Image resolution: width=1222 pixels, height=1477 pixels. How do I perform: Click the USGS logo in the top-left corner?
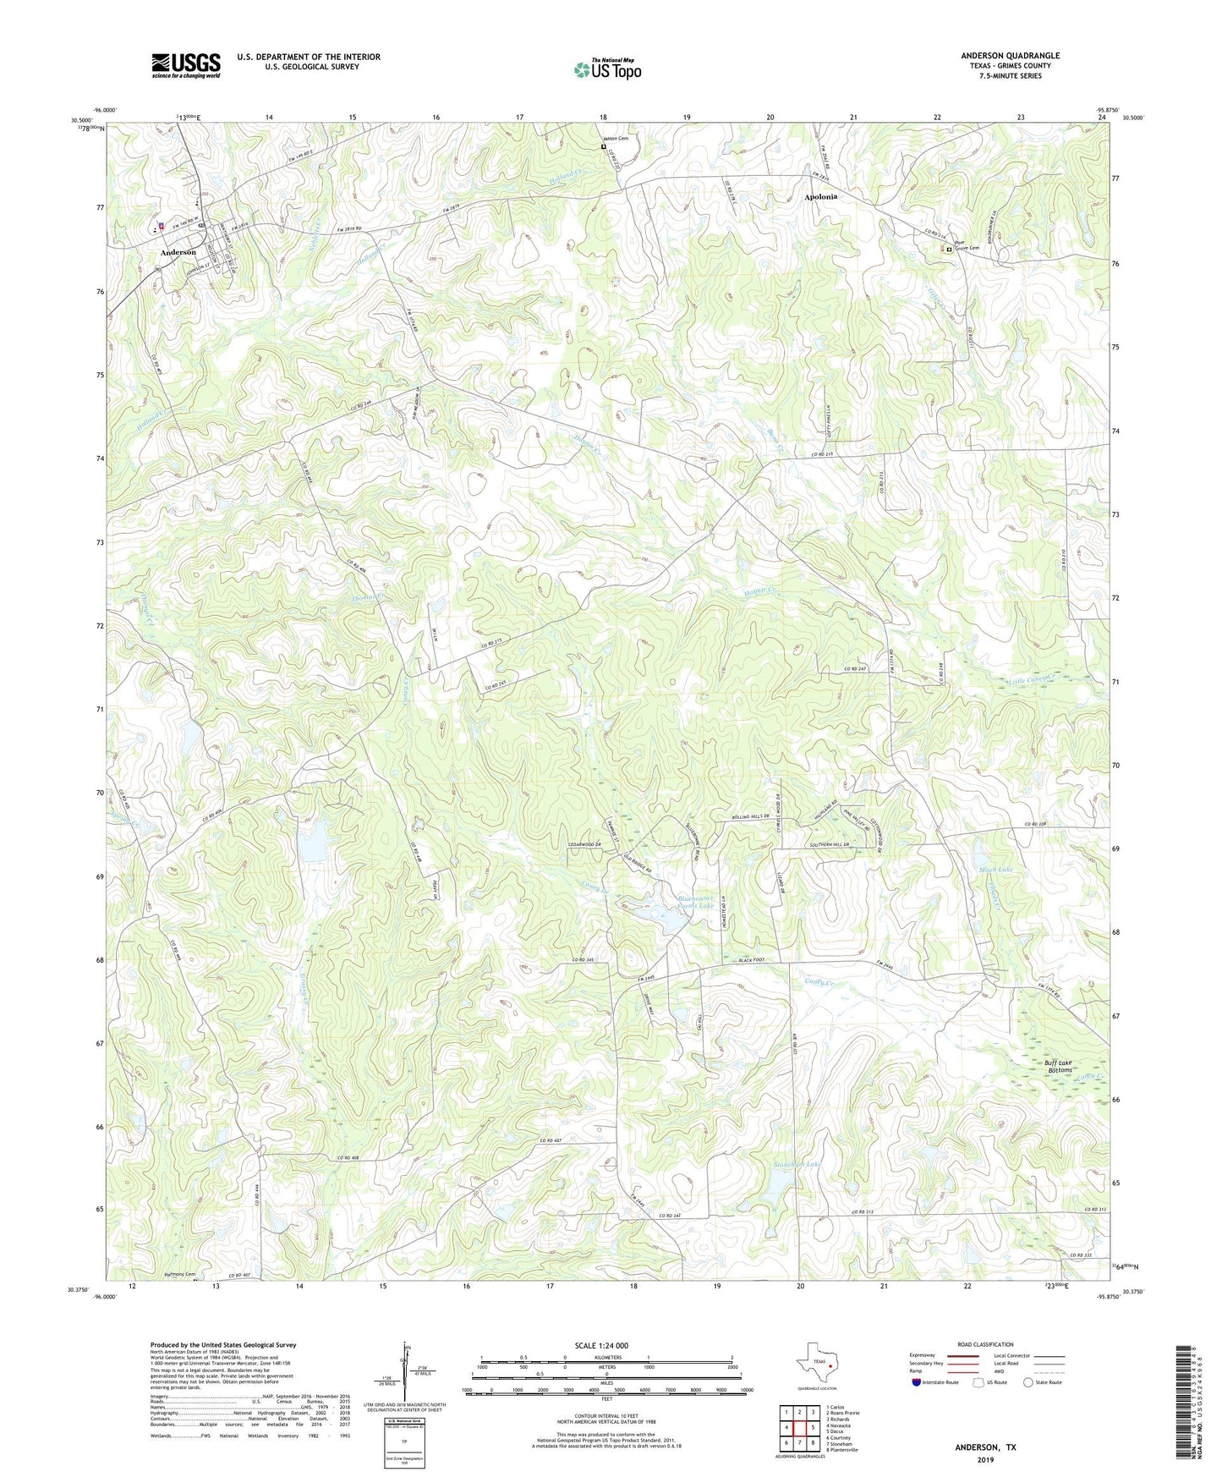click(186, 65)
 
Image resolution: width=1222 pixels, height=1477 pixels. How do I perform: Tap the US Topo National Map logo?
click(607, 69)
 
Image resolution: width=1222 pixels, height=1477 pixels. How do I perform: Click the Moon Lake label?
click(995, 870)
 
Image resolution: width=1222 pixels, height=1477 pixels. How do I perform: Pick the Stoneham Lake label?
click(797, 1165)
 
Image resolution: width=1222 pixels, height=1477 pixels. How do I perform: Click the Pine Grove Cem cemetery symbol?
click(949, 250)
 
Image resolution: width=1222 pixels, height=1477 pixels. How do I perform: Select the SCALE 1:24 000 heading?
click(600, 1345)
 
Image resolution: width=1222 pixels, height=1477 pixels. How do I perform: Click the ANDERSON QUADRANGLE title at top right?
click(1010, 56)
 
